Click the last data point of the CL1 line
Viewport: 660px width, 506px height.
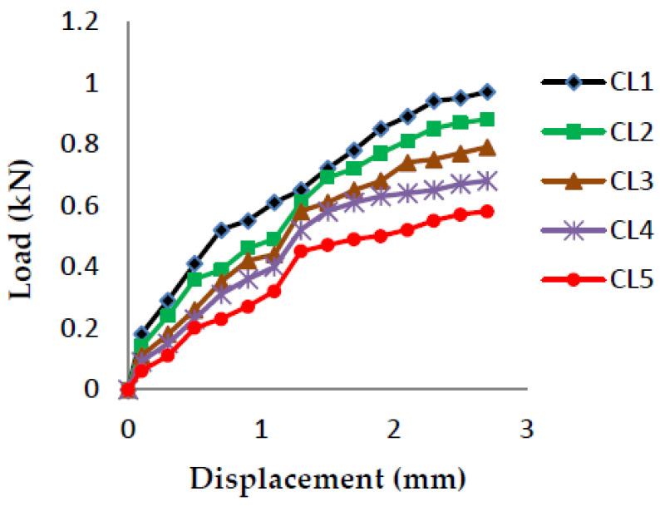click(x=487, y=92)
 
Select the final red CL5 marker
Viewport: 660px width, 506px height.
click(x=487, y=211)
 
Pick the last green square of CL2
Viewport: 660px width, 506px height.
click(x=487, y=120)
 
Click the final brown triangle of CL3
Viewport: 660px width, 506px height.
click(x=487, y=148)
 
